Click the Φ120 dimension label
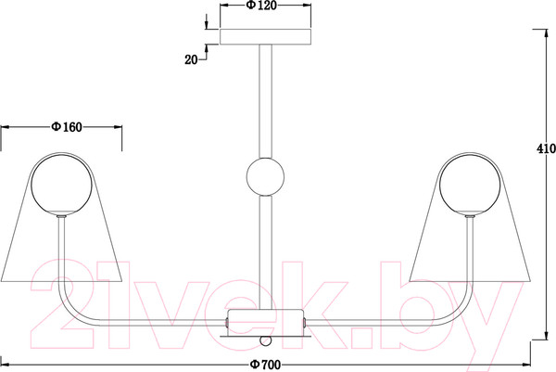point(261,6)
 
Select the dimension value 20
point(191,60)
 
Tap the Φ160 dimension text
point(67,127)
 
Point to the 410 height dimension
point(546,148)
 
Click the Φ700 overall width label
point(265,365)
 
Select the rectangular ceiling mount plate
point(265,37)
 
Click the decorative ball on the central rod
point(265,176)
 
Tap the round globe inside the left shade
point(62,185)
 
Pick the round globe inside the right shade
point(470,185)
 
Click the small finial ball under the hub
point(265,340)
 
